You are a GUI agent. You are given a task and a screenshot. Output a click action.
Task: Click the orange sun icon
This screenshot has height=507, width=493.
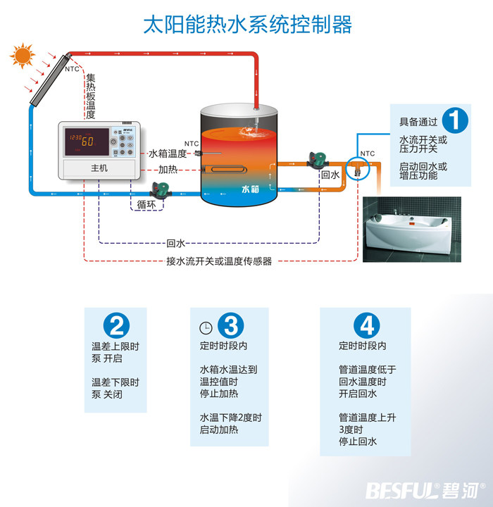click(23, 56)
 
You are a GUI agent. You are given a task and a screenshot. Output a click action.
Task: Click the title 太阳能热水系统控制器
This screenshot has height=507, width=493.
click(247, 25)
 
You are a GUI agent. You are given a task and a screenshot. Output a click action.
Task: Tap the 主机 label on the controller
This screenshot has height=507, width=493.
click(99, 168)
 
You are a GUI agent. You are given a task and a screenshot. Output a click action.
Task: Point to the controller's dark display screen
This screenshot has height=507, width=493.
click(87, 142)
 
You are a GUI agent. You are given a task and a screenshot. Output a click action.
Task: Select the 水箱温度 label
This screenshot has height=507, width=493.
click(168, 154)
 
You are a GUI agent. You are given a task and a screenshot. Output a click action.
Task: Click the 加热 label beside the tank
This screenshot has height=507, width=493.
click(168, 170)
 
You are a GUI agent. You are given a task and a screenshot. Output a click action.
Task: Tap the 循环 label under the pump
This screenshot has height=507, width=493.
click(146, 204)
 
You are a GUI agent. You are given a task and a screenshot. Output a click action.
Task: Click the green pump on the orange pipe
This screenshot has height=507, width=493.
click(318, 160)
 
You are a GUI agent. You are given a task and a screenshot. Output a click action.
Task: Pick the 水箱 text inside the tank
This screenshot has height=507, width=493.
click(250, 189)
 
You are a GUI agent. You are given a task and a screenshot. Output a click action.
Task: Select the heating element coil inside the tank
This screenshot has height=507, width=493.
click(225, 169)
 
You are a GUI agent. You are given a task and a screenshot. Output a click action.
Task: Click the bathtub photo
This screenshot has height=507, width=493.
click(412, 230)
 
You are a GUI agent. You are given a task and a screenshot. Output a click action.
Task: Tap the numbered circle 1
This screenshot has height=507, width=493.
click(455, 120)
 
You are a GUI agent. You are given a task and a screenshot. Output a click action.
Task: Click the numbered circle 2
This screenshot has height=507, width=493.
click(116, 325)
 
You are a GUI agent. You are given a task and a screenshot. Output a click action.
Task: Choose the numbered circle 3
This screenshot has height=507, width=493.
click(230, 325)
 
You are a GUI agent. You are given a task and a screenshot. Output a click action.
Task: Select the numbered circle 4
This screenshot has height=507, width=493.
click(367, 325)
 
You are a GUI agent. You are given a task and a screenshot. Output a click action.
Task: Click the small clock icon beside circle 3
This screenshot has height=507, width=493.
click(206, 328)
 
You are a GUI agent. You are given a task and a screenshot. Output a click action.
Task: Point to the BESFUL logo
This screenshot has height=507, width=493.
click(425, 491)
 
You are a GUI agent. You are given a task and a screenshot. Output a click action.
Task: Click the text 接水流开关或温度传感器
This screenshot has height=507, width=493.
click(219, 261)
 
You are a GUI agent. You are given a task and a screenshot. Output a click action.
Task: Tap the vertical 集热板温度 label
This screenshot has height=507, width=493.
click(91, 96)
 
